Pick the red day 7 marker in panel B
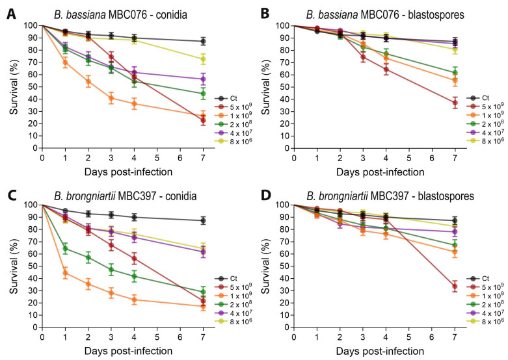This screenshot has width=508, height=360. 455,103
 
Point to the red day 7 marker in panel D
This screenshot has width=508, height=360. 455,287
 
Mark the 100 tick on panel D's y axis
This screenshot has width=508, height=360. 280,204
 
